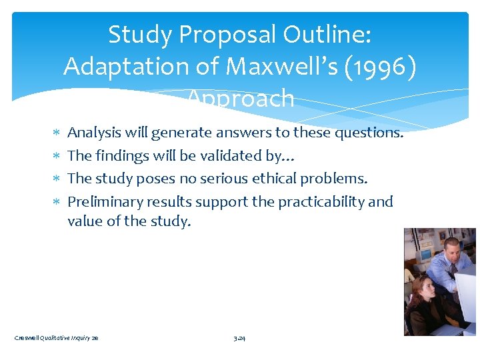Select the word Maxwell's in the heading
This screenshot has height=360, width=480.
click(x=273, y=66)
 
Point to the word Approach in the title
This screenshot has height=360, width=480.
click(x=240, y=99)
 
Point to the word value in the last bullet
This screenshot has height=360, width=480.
click(x=83, y=221)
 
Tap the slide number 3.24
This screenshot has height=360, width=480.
click(x=239, y=339)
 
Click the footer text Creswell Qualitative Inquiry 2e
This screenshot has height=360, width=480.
click(x=56, y=339)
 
